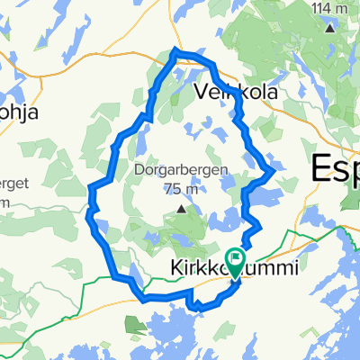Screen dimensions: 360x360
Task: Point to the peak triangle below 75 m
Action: pos(181,210)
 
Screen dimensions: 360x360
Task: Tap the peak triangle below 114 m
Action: pos(330,27)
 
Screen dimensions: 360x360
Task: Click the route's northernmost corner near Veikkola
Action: pos(175,51)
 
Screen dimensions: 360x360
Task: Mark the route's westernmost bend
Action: pos(89,188)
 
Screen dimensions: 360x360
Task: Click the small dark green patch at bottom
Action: pos(134,322)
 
